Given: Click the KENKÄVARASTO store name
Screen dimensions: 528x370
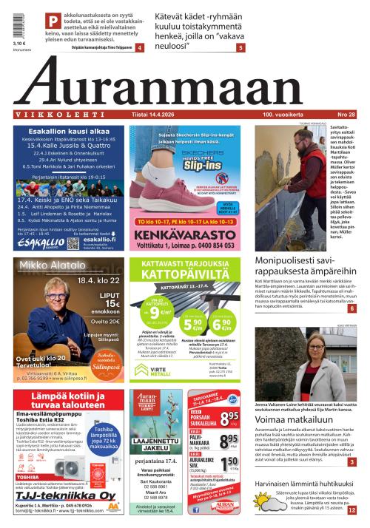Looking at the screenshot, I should (x=186, y=237).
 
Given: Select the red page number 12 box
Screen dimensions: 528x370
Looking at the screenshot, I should (x=351, y=510).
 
